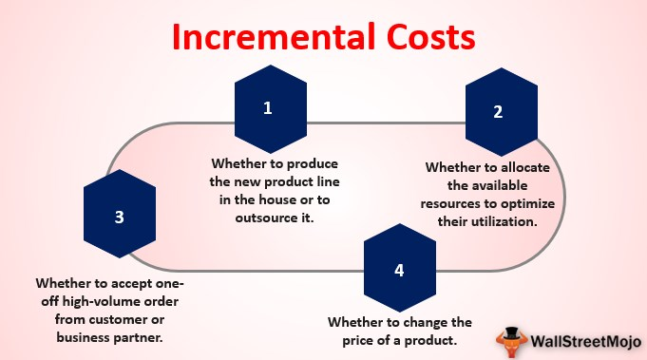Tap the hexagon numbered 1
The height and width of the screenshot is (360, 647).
pos(268,108)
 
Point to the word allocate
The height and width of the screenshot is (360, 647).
pos(538,166)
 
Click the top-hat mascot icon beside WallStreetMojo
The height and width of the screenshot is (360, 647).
pos(510,338)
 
